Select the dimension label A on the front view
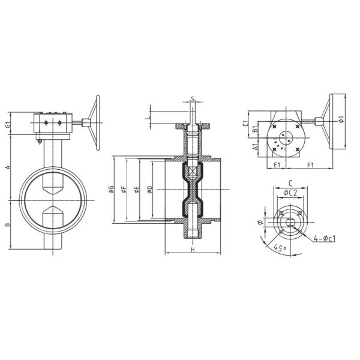pos(8,168)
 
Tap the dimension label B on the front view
pos(8,225)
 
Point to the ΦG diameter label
pos(112,190)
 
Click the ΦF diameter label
pos(124,190)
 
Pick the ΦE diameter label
pos(137,190)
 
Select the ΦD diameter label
pos(150,190)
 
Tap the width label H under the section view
pos(192,249)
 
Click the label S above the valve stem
pos(192,99)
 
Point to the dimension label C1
pos(245,122)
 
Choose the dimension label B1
pos(255,128)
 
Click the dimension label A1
pos(255,146)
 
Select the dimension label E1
pos(277,164)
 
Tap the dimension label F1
pos(311,164)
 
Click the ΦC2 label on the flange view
pos(290,193)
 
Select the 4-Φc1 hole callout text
pos(324,239)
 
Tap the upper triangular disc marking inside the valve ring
pos(53,187)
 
